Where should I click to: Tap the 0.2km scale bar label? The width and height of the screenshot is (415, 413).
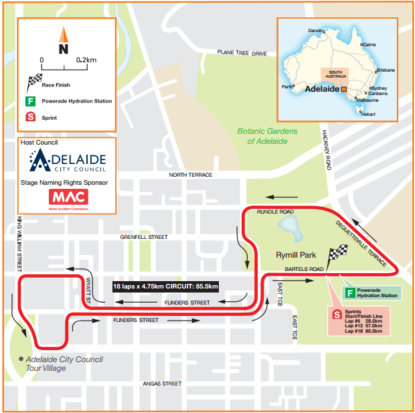[x=86, y=60]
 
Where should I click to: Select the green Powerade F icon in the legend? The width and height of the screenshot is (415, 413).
[x=30, y=102]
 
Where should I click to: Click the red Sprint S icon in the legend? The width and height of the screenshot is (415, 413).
[x=30, y=118]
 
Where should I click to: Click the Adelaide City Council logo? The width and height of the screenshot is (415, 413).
[x=67, y=161]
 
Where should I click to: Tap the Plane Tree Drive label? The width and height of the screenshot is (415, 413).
[x=242, y=53]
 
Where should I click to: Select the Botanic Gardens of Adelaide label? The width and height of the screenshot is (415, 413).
[x=267, y=136]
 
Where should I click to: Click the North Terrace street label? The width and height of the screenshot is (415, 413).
[x=191, y=175]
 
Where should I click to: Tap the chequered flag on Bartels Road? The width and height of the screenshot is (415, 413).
[x=337, y=255]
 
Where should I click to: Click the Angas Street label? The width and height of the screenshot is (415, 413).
[x=162, y=384]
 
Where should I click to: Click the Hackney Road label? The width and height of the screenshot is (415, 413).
[x=327, y=151]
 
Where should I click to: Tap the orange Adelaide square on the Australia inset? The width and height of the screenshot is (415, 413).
[x=344, y=88]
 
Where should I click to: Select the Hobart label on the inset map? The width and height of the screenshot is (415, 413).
[x=369, y=114]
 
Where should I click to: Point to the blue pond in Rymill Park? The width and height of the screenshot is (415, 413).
[x=295, y=230]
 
